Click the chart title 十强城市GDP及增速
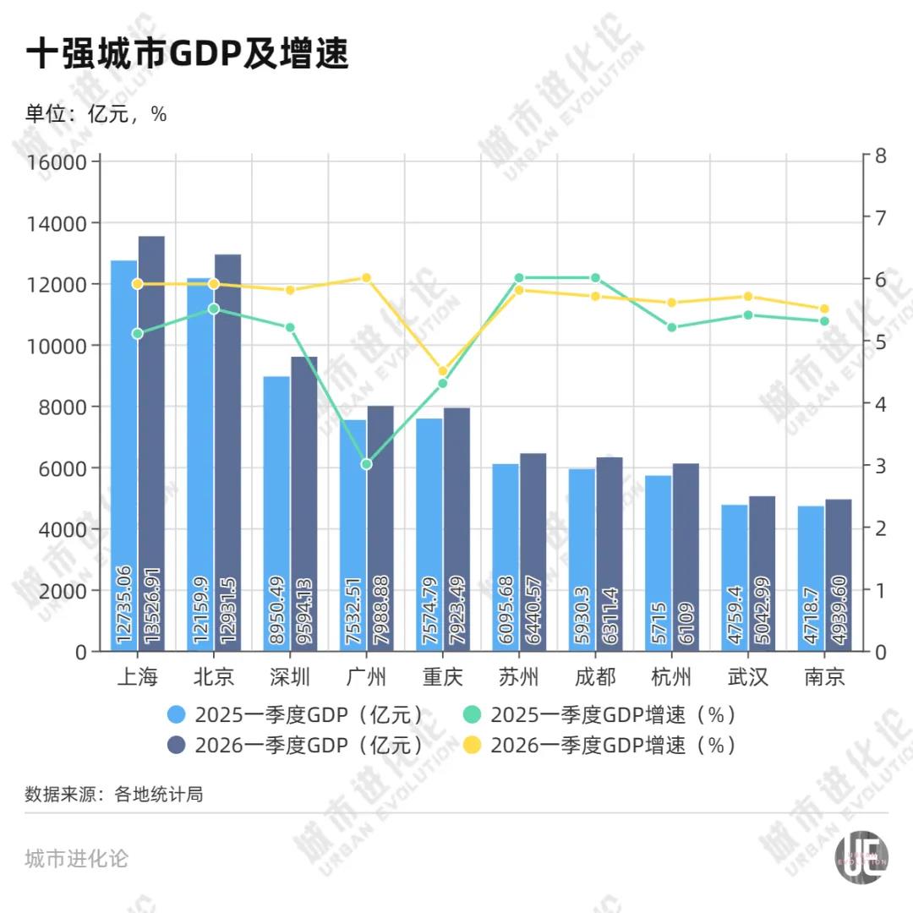(x=187, y=56)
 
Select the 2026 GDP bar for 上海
(x=151, y=423)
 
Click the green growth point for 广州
(x=366, y=464)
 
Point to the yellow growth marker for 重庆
(x=442, y=371)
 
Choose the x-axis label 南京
(x=824, y=677)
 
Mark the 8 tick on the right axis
(x=880, y=156)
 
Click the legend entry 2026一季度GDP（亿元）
(x=309, y=745)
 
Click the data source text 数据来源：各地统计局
(x=114, y=795)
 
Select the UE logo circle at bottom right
(x=861, y=861)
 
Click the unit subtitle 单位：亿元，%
(x=96, y=115)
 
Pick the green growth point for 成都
(x=595, y=278)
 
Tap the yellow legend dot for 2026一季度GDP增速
(x=473, y=745)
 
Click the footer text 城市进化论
(x=77, y=859)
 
